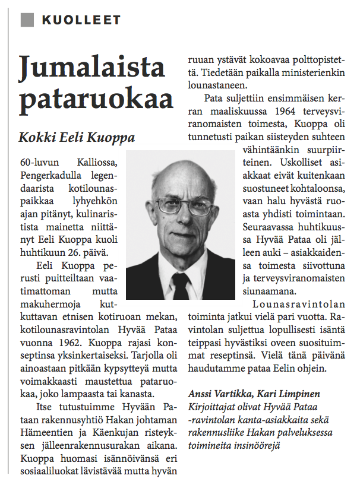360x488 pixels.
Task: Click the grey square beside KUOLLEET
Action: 27,20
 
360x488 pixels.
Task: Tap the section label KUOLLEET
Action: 81,20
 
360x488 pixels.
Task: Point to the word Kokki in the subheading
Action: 37,138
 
